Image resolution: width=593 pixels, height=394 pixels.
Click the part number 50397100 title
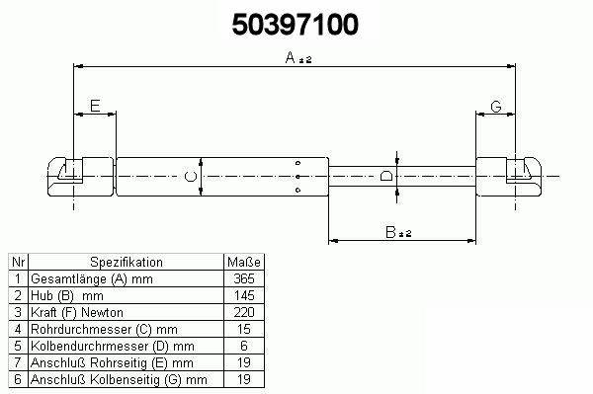coord(295,24)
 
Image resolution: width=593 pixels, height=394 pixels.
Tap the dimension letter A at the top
coord(290,57)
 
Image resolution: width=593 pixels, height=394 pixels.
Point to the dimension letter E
coord(95,106)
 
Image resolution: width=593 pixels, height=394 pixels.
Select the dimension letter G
coord(496,107)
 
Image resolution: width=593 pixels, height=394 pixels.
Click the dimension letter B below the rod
coord(390,232)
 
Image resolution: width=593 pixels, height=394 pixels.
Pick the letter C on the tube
coord(190,177)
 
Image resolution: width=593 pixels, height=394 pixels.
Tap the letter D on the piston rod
coord(386,176)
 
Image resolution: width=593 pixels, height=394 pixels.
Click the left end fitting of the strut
coord(80,177)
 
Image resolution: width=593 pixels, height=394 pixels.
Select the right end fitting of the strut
coord(508,177)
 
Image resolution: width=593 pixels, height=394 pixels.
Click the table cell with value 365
coord(244,278)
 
